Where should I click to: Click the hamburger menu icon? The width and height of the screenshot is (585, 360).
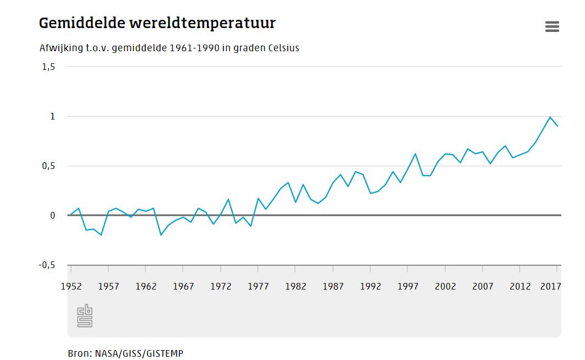[552, 26]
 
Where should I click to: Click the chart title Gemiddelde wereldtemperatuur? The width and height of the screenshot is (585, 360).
[157, 23]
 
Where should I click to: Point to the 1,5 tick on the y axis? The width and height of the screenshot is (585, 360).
[48, 67]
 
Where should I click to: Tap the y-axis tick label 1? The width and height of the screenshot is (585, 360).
[53, 116]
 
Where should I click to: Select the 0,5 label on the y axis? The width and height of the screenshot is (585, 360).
[48, 166]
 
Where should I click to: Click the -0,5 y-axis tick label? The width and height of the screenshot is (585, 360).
[47, 265]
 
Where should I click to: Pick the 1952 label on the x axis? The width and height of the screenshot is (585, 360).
[72, 286]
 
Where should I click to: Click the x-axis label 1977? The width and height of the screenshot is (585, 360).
[258, 286]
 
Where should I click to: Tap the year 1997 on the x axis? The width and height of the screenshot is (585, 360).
[408, 286]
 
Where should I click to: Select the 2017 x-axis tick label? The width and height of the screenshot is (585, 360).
[550, 286]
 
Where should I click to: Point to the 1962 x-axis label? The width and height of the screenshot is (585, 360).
[146, 286]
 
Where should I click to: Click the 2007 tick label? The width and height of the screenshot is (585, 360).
[483, 286]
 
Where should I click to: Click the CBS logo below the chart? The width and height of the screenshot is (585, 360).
[84, 316]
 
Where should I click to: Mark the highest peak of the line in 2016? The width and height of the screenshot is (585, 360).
[550, 117]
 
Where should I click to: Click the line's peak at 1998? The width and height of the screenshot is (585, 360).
[415, 154]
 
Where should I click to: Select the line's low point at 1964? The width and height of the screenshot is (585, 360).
[161, 235]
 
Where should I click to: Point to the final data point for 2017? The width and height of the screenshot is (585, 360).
[557, 126]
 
